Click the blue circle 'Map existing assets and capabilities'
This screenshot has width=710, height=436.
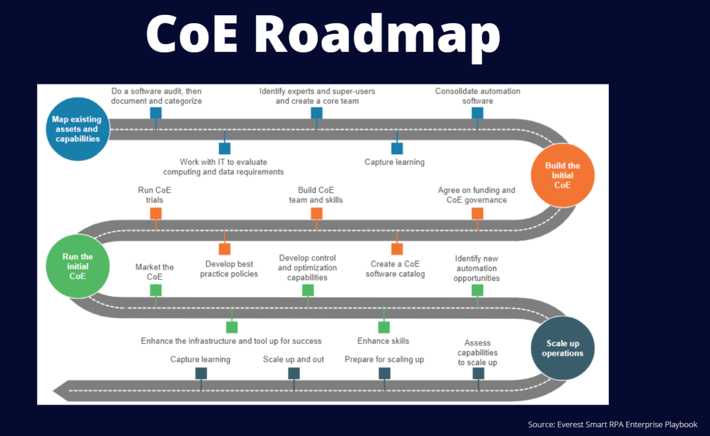click(x=78, y=129)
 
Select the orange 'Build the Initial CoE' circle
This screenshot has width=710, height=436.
click(x=563, y=175)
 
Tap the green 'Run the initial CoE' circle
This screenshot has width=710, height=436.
click(x=78, y=266)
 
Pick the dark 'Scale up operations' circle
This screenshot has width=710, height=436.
click(x=563, y=348)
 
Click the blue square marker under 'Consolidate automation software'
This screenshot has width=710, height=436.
click(x=477, y=113)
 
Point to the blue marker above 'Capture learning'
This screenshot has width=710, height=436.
click(x=397, y=148)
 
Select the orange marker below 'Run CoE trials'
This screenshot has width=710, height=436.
click(x=156, y=213)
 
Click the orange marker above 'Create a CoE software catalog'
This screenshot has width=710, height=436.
click(x=397, y=249)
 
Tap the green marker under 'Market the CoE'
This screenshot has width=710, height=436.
click(x=156, y=290)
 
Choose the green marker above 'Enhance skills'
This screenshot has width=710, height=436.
click(x=384, y=327)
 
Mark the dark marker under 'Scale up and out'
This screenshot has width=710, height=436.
click(x=294, y=373)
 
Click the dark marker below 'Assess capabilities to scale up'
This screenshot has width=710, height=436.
click(x=478, y=373)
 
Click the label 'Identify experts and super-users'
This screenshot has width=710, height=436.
click(x=317, y=91)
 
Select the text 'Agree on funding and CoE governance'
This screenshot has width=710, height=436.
click(x=476, y=195)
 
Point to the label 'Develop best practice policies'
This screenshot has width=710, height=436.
click(x=229, y=269)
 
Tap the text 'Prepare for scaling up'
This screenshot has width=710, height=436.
click(x=384, y=359)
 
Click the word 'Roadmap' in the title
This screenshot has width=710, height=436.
click(x=377, y=35)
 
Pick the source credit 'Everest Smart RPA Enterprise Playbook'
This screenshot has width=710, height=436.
click(x=627, y=424)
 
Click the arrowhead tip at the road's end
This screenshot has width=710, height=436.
click(x=53, y=391)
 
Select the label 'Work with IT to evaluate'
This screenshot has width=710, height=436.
click(x=224, y=162)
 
